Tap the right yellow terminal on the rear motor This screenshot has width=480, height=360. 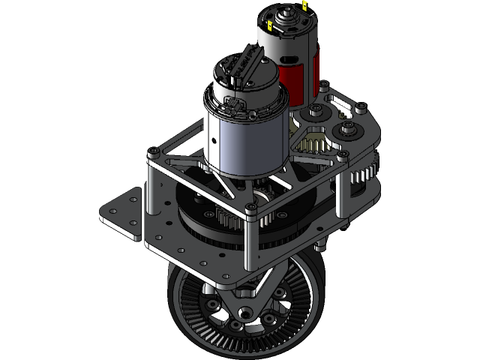(305, 6)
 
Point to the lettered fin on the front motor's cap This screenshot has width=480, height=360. (246, 64)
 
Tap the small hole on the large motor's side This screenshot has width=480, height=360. (214, 140)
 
